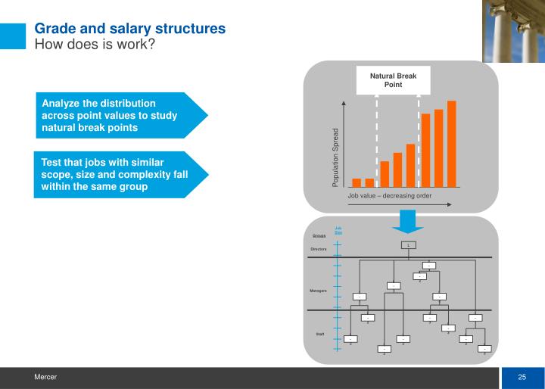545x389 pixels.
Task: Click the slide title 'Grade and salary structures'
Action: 130,29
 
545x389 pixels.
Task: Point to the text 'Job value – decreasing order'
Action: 389,195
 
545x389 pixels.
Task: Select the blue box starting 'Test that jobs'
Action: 114,175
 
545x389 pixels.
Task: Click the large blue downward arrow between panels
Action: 408,220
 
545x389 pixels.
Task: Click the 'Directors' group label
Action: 319,249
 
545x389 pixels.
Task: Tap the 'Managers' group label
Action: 319,291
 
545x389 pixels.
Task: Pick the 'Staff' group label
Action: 319,334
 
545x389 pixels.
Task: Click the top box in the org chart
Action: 408,244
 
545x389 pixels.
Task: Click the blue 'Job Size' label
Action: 338,231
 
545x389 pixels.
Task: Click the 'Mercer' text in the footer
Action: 44,377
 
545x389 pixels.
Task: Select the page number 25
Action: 522,378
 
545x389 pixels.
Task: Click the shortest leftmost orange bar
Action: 357,182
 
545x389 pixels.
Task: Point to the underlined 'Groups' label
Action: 319,235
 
